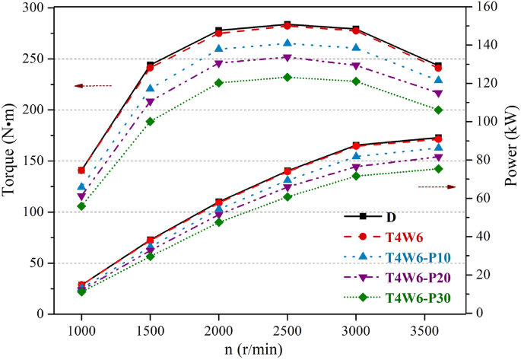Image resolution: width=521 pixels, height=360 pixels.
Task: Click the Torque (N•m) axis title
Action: point(11,161)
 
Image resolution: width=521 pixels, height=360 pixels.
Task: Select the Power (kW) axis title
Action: point(511,161)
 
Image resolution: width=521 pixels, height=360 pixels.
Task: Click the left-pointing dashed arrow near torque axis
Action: point(94,86)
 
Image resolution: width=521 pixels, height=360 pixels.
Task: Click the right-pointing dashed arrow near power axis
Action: point(437,186)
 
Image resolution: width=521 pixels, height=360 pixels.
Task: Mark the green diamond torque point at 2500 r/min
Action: point(287,77)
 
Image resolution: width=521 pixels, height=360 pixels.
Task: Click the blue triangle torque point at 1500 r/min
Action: point(151,88)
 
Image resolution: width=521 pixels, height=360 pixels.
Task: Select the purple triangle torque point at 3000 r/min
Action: point(355,66)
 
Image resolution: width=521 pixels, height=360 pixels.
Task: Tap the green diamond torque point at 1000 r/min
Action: point(81,206)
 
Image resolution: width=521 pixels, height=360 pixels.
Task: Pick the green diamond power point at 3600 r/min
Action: point(437,168)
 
